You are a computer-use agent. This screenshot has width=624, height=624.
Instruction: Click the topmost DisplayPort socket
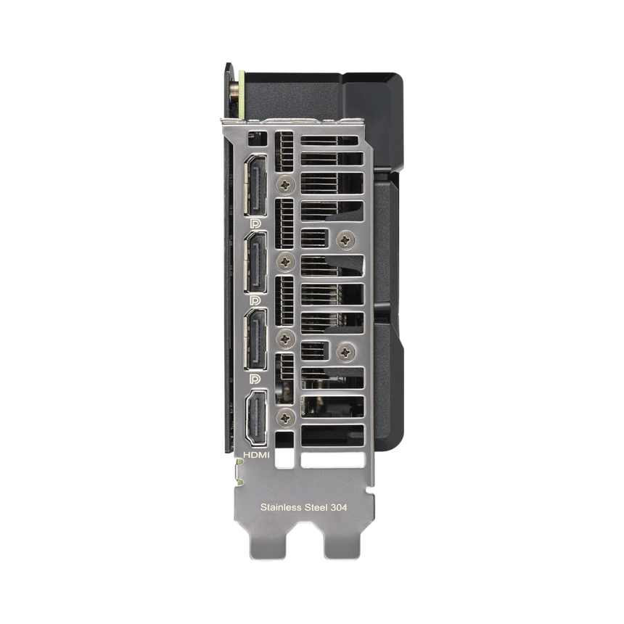[x=255, y=185]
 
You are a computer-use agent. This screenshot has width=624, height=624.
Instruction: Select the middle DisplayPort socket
[x=255, y=263]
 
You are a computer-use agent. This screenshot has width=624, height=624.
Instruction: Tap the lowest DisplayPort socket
[x=255, y=340]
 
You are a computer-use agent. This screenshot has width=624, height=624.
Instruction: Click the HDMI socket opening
[x=256, y=418]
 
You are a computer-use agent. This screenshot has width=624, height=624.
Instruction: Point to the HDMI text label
[x=256, y=455]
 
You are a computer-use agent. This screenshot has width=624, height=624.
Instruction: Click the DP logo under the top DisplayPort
[x=255, y=223]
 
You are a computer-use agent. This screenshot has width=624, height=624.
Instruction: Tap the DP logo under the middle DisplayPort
[x=255, y=300]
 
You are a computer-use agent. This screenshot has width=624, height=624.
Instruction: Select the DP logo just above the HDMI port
[x=255, y=379]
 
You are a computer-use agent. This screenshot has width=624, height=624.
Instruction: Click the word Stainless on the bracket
[x=281, y=507]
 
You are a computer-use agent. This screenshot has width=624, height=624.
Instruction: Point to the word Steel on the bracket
[x=316, y=507]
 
